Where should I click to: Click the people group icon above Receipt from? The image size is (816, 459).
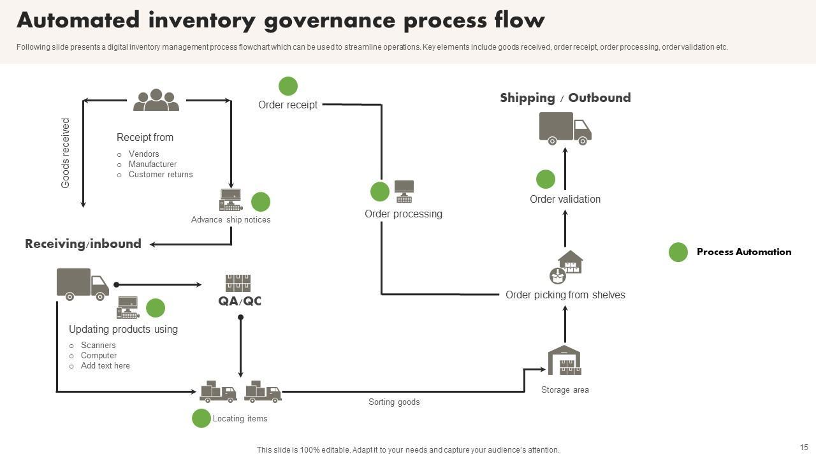(x=156, y=100)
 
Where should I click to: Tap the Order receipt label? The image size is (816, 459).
(x=288, y=105)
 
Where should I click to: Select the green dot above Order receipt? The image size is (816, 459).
(x=288, y=86)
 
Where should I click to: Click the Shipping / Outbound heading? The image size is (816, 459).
(x=565, y=98)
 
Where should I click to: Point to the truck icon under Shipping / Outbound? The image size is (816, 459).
(x=565, y=128)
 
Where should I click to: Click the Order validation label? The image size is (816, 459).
(x=565, y=200)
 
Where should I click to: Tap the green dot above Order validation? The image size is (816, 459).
(x=545, y=179)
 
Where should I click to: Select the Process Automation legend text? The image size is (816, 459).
(x=743, y=252)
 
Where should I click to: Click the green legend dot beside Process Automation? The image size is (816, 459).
(x=678, y=252)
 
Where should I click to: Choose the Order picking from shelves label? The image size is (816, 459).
(x=565, y=295)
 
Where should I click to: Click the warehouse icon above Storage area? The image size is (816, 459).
(x=564, y=361)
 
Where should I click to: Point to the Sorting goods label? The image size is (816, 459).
(x=394, y=402)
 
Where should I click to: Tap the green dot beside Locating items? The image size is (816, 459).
(x=201, y=418)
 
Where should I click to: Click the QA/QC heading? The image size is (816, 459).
(x=240, y=301)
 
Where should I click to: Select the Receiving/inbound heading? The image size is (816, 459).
(x=83, y=244)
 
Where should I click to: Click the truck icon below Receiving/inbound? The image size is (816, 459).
(x=82, y=284)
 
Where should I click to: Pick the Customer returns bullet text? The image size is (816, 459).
(x=161, y=175)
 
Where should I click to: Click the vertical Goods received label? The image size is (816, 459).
(x=66, y=153)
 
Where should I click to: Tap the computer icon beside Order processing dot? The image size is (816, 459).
(x=404, y=191)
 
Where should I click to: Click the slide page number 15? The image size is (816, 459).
(x=804, y=448)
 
